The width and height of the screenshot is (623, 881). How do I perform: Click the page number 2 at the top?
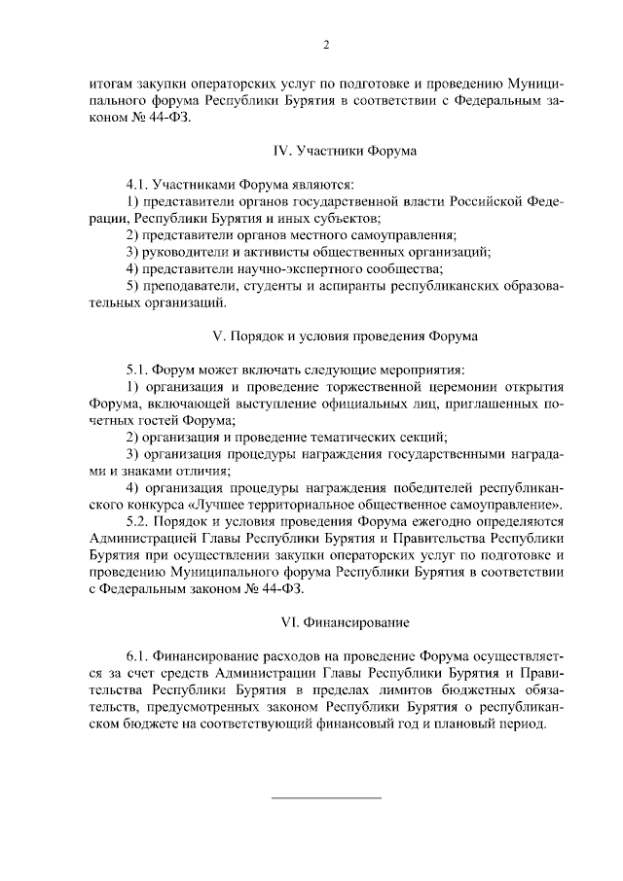click(326, 46)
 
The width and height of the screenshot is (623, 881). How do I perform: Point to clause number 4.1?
click(139, 183)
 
